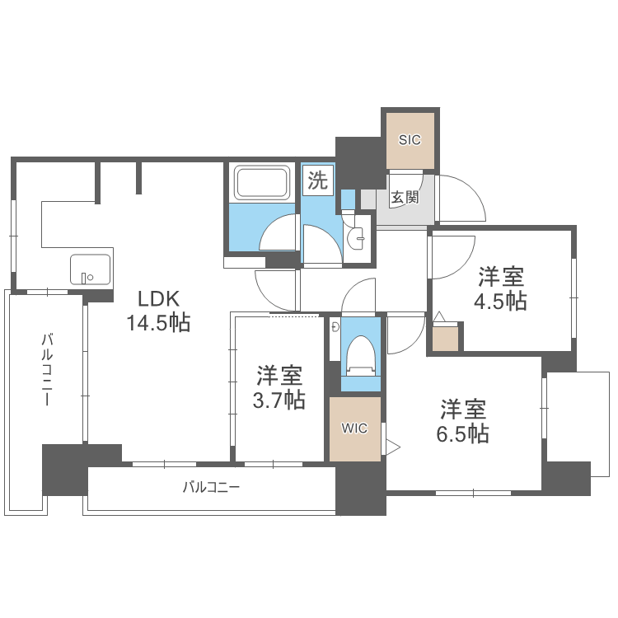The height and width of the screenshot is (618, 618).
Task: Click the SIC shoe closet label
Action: click(410, 140)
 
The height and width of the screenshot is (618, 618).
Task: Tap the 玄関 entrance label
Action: click(404, 198)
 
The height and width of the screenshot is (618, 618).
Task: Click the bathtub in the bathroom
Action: click(262, 183)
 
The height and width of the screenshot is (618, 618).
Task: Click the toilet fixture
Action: click(360, 354)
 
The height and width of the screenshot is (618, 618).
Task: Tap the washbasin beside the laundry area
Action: click(359, 238)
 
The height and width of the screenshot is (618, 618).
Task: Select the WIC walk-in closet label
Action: click(355, 428)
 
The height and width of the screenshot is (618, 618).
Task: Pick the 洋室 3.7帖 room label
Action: click(279, 388)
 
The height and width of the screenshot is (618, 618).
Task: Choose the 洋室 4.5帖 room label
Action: click(500, 288)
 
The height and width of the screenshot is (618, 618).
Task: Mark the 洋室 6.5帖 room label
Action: click(463, 421)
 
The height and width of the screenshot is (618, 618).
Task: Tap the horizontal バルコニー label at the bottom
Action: click(211, 487)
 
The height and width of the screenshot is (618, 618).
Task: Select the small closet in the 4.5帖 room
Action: click(446, 339)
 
